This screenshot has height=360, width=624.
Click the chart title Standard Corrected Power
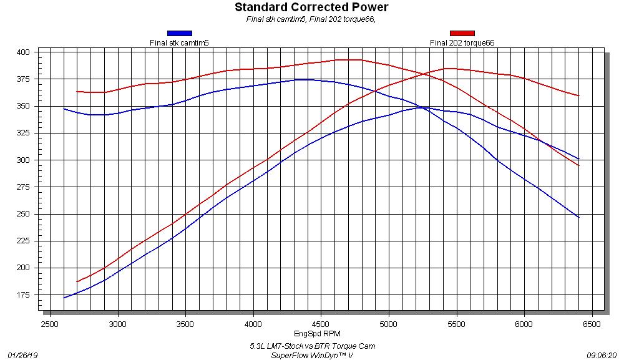311,7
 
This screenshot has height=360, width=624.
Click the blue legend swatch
180,33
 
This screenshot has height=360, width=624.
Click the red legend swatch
462,33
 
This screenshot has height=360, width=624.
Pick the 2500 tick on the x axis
50,324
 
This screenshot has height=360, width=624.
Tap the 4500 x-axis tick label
321,324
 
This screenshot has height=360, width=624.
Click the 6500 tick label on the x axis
592,324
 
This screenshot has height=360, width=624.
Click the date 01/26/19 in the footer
23,355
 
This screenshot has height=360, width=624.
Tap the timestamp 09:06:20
602,355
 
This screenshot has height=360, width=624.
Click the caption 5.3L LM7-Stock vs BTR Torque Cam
312,346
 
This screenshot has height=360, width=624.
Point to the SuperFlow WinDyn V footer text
312,355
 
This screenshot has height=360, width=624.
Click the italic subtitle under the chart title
311,19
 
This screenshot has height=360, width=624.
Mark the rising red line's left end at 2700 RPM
77,282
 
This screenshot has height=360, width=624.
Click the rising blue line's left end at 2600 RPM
64,298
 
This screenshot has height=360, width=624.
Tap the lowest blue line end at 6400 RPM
578,217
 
